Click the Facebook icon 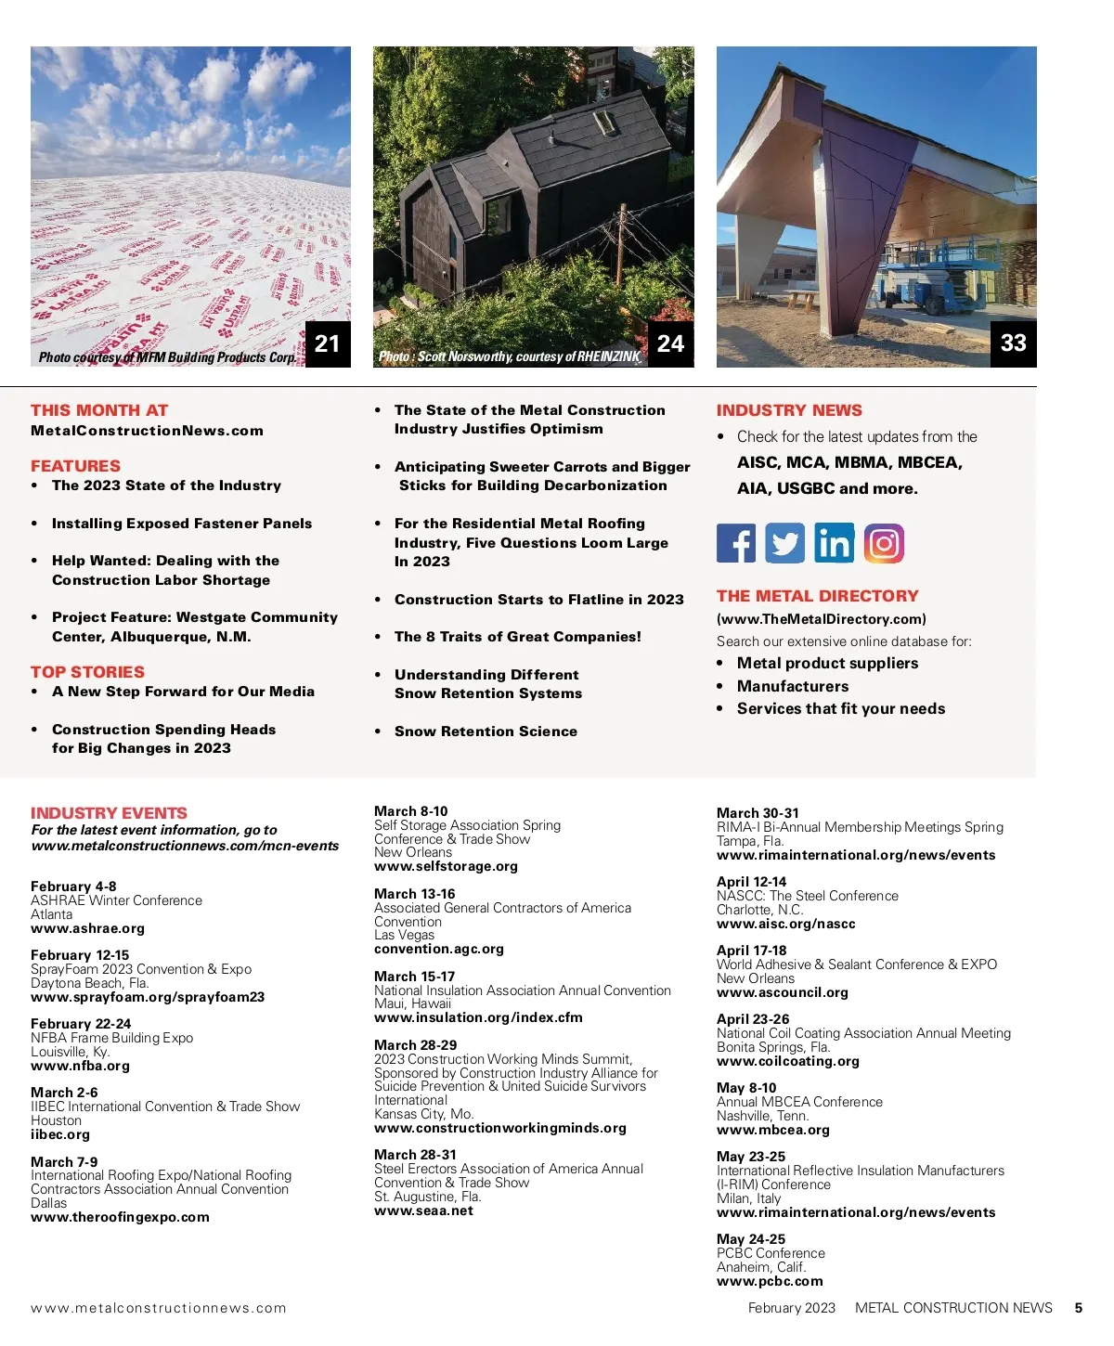click(736, 543)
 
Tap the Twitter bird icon click(784, 543)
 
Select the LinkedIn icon click(835, 543)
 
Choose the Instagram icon click(884, 543)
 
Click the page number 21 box click(328, 344)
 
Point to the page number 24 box click(670, 344)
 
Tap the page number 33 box click(1013, 343)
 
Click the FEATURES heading click(75, 466)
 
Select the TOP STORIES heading click(87, 672)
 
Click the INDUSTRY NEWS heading click(789, 410)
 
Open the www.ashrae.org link click(87, 928)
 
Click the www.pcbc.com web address click(770, 1281)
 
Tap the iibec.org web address click(60, 1134)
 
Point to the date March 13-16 click(415, 894)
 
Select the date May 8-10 click(746, 1088)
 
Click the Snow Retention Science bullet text click(486, 731)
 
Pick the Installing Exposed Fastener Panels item click(182, 524)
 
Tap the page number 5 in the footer click(1078, 1308)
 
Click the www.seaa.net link click(423, 1210)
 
